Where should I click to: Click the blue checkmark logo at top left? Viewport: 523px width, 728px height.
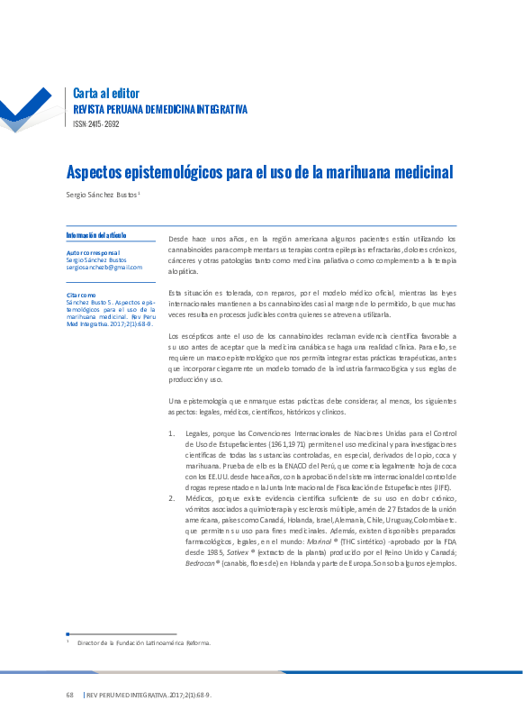click(27, 113)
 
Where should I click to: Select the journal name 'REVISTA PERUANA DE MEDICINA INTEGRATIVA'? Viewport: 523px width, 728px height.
click(159, 110)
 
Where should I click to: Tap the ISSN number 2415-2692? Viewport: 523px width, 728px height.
click(95, 123)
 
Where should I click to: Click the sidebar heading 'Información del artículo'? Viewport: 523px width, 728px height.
click(96, 235)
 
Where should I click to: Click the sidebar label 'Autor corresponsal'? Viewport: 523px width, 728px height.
click(93, 253)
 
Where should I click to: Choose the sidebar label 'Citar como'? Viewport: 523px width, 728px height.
click(81, 295)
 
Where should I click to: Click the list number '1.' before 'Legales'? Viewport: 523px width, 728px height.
click(172, 433)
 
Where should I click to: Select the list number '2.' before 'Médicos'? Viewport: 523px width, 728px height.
click(172, 497)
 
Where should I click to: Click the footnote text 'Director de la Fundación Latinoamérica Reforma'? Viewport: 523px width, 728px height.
click(144, 643)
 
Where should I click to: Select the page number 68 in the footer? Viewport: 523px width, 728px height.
click(69, 696)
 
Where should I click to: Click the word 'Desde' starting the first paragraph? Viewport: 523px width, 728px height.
click(181, 238)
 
